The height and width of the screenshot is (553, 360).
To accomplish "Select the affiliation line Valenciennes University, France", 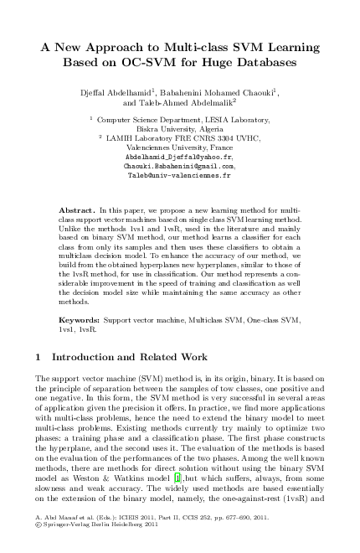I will click(x=180, y=147).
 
